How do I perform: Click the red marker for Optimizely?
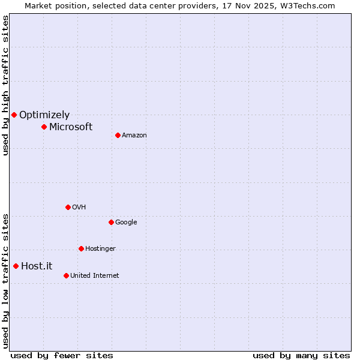point(14,115)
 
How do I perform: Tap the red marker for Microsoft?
point(44,127)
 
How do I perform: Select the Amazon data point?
point(118,135)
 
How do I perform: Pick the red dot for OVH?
point(68,207)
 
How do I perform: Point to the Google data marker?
point(111,222)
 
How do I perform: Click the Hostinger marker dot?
point(81,248)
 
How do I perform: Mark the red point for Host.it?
point(16,266)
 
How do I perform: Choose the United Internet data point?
point(66,275)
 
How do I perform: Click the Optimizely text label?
point(44,115)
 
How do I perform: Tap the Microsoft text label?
point(71,127)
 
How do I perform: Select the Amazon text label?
point(134,135)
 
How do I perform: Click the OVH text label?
point(79,207)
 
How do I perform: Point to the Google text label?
point(126,222)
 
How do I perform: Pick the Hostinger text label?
point(100,248)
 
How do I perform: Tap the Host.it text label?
point(37,266)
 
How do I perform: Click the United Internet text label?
point(94,275)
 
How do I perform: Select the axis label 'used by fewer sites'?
point(62,355)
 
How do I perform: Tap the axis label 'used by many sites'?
point(301,355)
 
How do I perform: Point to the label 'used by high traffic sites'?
point(5,85)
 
